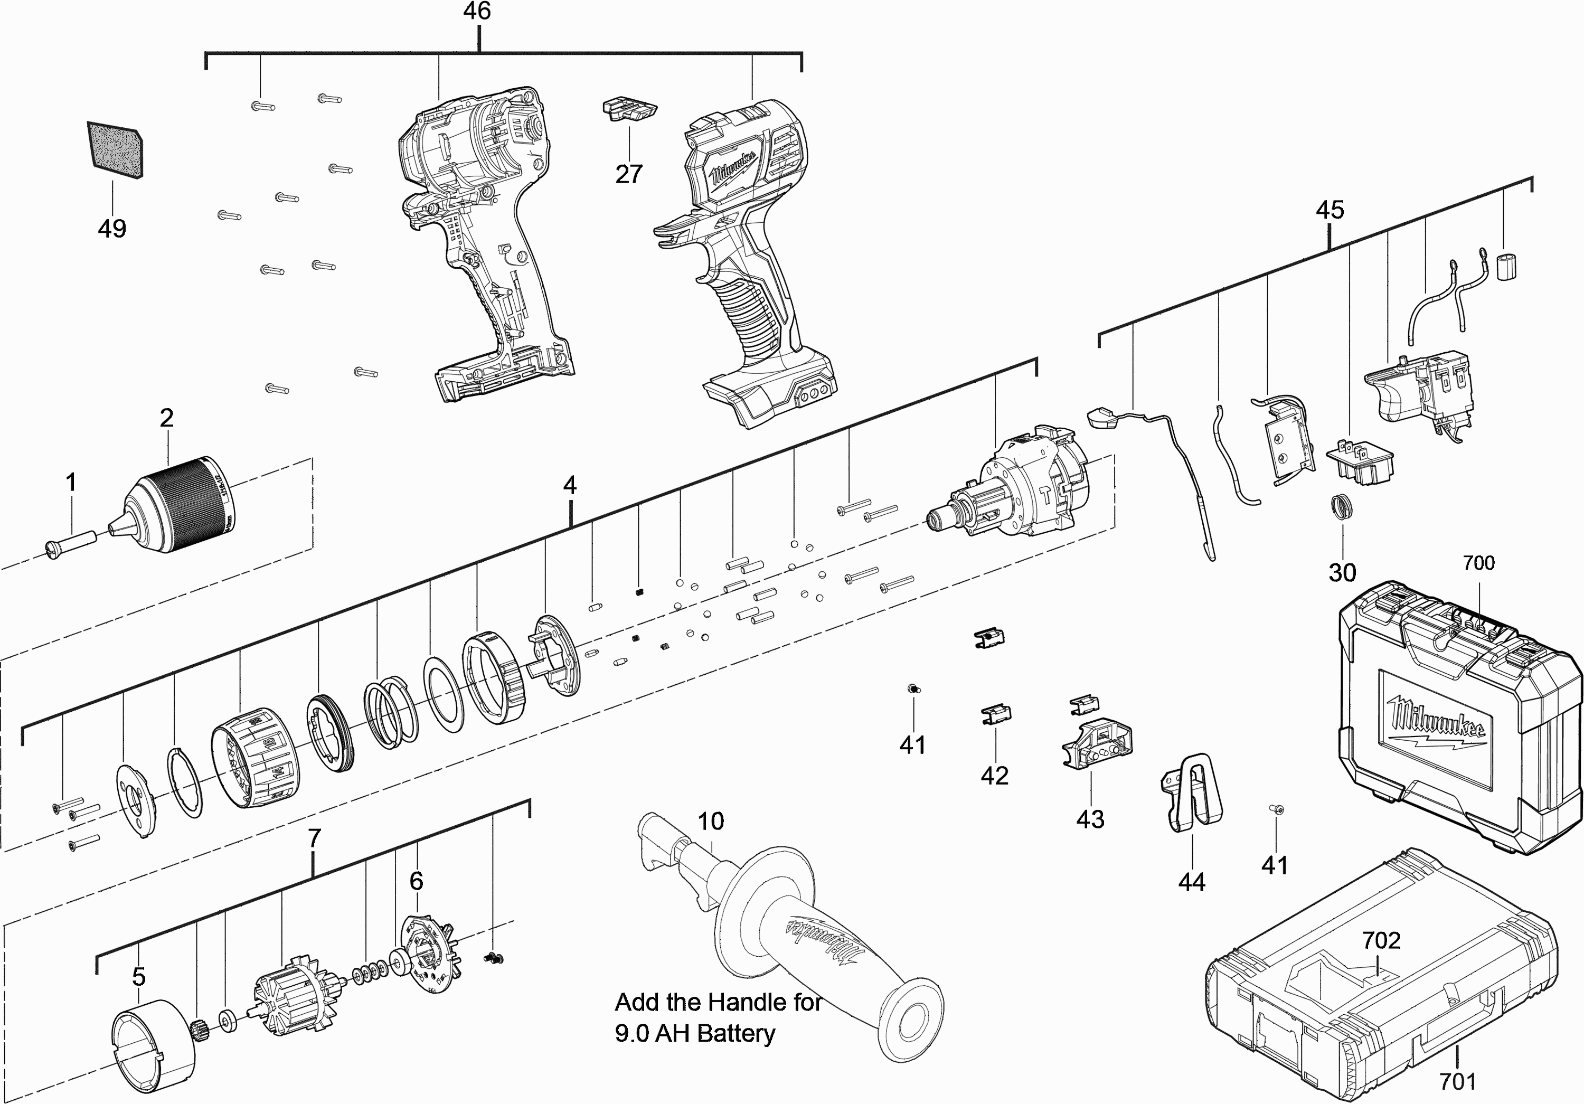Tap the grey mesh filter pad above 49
115,150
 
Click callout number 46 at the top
477,12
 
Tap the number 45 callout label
1330,210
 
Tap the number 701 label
1458,1081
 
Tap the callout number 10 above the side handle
711,821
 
